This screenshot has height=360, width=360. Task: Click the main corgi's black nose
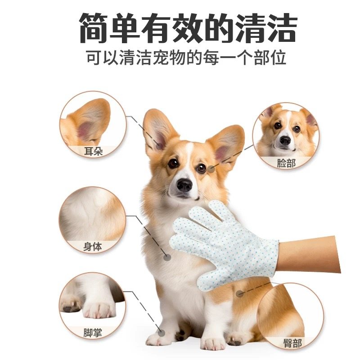click(184, 184)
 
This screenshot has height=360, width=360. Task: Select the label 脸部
click(286, 163)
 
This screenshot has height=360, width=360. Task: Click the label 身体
click(93, 247)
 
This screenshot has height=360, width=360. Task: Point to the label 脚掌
click(93, 333)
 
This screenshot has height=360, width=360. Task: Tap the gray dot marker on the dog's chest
click(167, 257)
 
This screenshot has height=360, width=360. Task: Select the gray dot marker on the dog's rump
click(240, 293)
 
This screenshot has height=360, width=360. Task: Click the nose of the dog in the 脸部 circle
click(285, 140)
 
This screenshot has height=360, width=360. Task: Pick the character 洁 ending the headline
click(279, 28)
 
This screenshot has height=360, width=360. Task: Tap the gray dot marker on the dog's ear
click(160, 146)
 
